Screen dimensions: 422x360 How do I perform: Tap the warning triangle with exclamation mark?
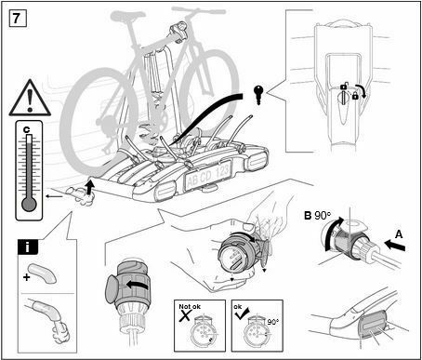pyautogui.click(x=30, y=99)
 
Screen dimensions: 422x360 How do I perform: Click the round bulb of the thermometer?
pyautogui.click(x=29, y=205)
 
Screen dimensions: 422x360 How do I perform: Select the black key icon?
pyautogui.click(x=257, y=95)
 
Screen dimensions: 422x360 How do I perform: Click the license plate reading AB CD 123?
pyautogui.click(x=208, y=176)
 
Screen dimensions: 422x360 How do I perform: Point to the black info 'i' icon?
pyautogui.click(x=28, y=247)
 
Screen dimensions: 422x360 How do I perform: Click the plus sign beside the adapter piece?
pyautogui.click(x=27, y=276)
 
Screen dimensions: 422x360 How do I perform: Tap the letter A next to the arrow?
pyautogui.click(x=399, y=234)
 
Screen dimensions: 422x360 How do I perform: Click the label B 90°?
pyautogui.click(x=318, y=215)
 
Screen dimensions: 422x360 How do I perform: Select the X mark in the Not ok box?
pyautogui.click(x=185, y=315)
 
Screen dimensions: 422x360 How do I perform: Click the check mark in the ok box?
pyautogui.click(x=242, y=313)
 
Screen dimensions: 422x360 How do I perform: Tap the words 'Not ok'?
pyautogui.click(x=190, y=306)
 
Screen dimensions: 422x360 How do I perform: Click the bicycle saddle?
pyautogui.click(x=128, y=15)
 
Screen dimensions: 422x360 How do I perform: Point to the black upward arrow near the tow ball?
pyautogui.click(x=90, y=188)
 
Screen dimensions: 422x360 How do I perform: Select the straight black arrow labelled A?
pyautogui.click(x=394, y=246)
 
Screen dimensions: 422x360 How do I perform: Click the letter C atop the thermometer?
pyautogui.click(x=27, y=130)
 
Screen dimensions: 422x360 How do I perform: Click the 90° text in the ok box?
pyautogui.click(x=273, y=322)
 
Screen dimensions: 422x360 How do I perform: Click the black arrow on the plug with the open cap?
pyautogui.click(x=137, y=285)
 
